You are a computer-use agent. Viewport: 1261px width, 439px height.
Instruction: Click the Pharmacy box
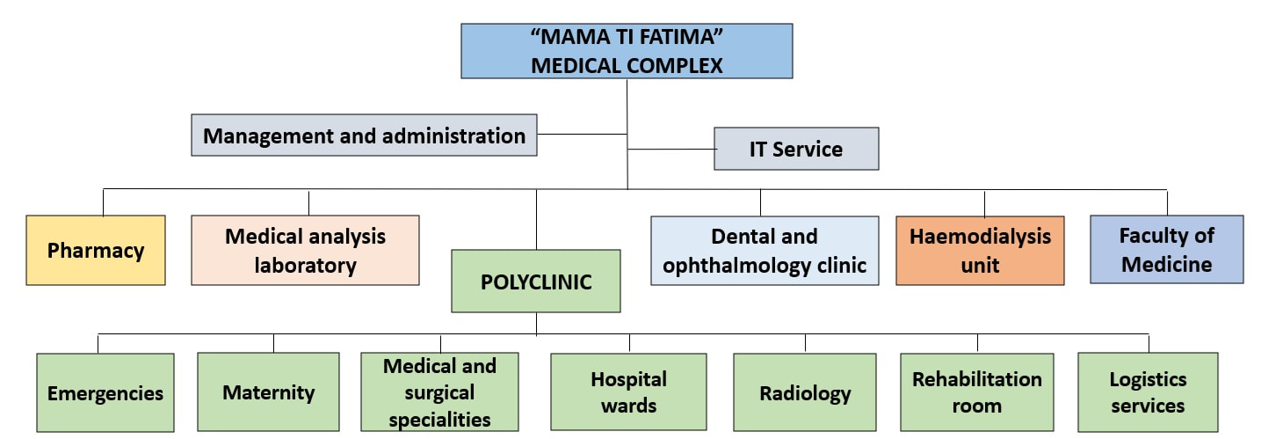[96, 250]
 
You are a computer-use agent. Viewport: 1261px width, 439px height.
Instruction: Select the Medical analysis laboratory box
[305, 250]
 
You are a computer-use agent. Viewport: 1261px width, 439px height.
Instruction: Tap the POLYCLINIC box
[536, 282]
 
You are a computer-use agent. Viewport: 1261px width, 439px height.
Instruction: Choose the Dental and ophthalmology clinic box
[765, 251]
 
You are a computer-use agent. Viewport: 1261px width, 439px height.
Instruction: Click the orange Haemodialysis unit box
[980, 251]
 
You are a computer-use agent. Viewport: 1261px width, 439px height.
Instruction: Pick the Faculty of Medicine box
[1167, 249]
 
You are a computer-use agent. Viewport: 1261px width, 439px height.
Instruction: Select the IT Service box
[796, 149]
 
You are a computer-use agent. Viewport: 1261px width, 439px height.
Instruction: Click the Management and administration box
[364, 135]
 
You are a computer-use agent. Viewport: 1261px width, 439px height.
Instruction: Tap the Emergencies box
[105, 392]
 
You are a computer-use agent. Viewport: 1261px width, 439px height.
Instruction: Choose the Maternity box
[269, 392]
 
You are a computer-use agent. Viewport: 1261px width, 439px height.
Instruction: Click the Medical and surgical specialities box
[439, 392]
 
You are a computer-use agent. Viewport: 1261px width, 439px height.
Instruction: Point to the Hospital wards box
[629, 392]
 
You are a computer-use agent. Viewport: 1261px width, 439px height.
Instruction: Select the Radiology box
[805, 392]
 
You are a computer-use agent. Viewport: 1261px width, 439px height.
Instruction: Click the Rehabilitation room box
[977, 392]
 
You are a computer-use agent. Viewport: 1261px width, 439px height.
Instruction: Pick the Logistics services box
[1148, 392]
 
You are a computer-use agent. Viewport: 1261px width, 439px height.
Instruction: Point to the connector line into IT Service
[671, 150]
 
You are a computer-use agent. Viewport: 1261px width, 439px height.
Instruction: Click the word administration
[453, 135]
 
